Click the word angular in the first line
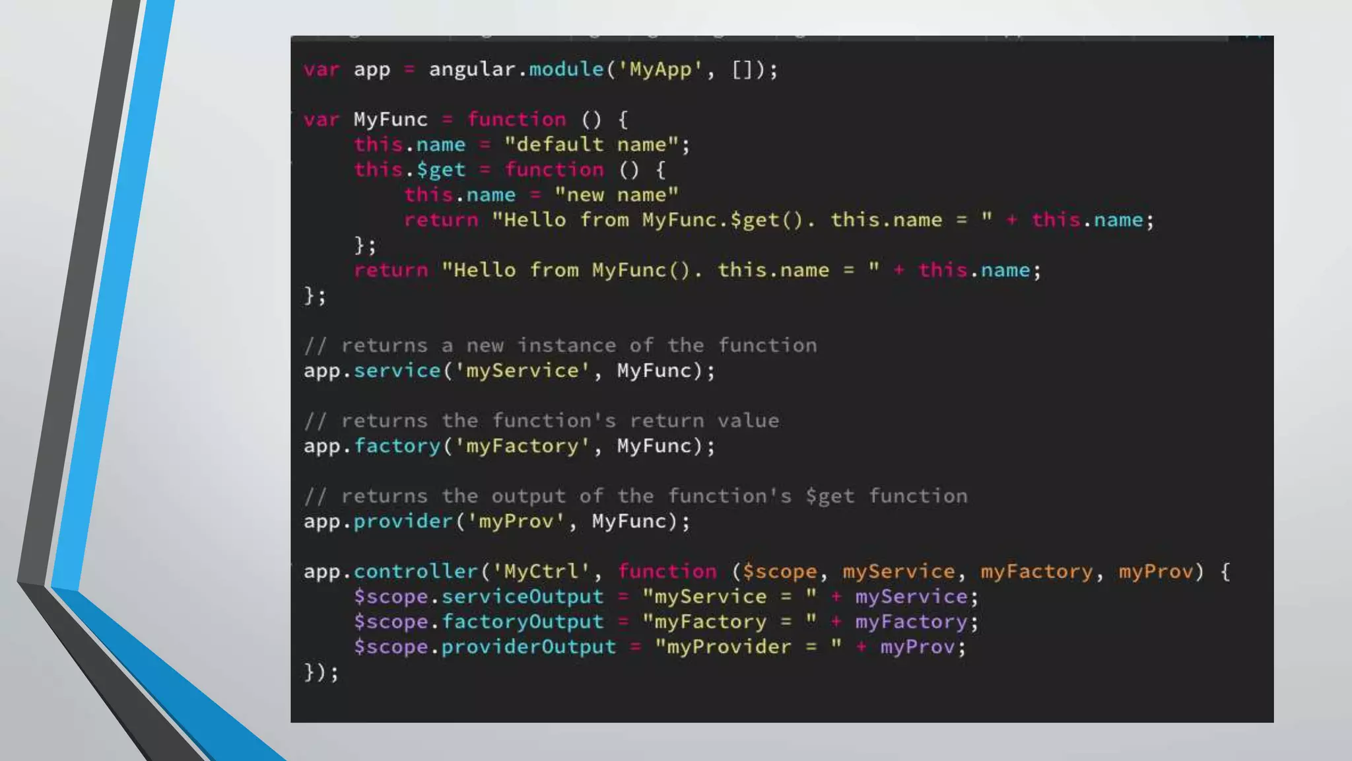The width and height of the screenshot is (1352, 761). click(471, 69)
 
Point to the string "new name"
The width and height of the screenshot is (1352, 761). click(616, 195)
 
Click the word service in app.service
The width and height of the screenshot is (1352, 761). click(397, 371)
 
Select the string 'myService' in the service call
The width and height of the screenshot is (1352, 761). click(522, 371)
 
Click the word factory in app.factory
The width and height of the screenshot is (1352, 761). click(397, 446)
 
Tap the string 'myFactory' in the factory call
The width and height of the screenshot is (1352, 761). click(522, 446)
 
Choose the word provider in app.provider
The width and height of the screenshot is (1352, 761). click(403, 521)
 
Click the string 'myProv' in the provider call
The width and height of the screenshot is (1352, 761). click(516, 521)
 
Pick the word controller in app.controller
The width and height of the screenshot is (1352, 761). click(415, 571)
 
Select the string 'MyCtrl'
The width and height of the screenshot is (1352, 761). click(541, 571)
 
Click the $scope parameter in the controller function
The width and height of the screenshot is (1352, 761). click(779, 571)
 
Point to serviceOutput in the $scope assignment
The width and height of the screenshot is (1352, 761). click(522, 597)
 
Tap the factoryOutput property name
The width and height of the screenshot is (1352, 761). click(522, 622)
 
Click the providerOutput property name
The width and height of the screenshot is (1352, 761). click(528, 647)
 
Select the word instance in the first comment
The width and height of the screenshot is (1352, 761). click(566, 345)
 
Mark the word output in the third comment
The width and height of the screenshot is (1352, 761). click(528, 496)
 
